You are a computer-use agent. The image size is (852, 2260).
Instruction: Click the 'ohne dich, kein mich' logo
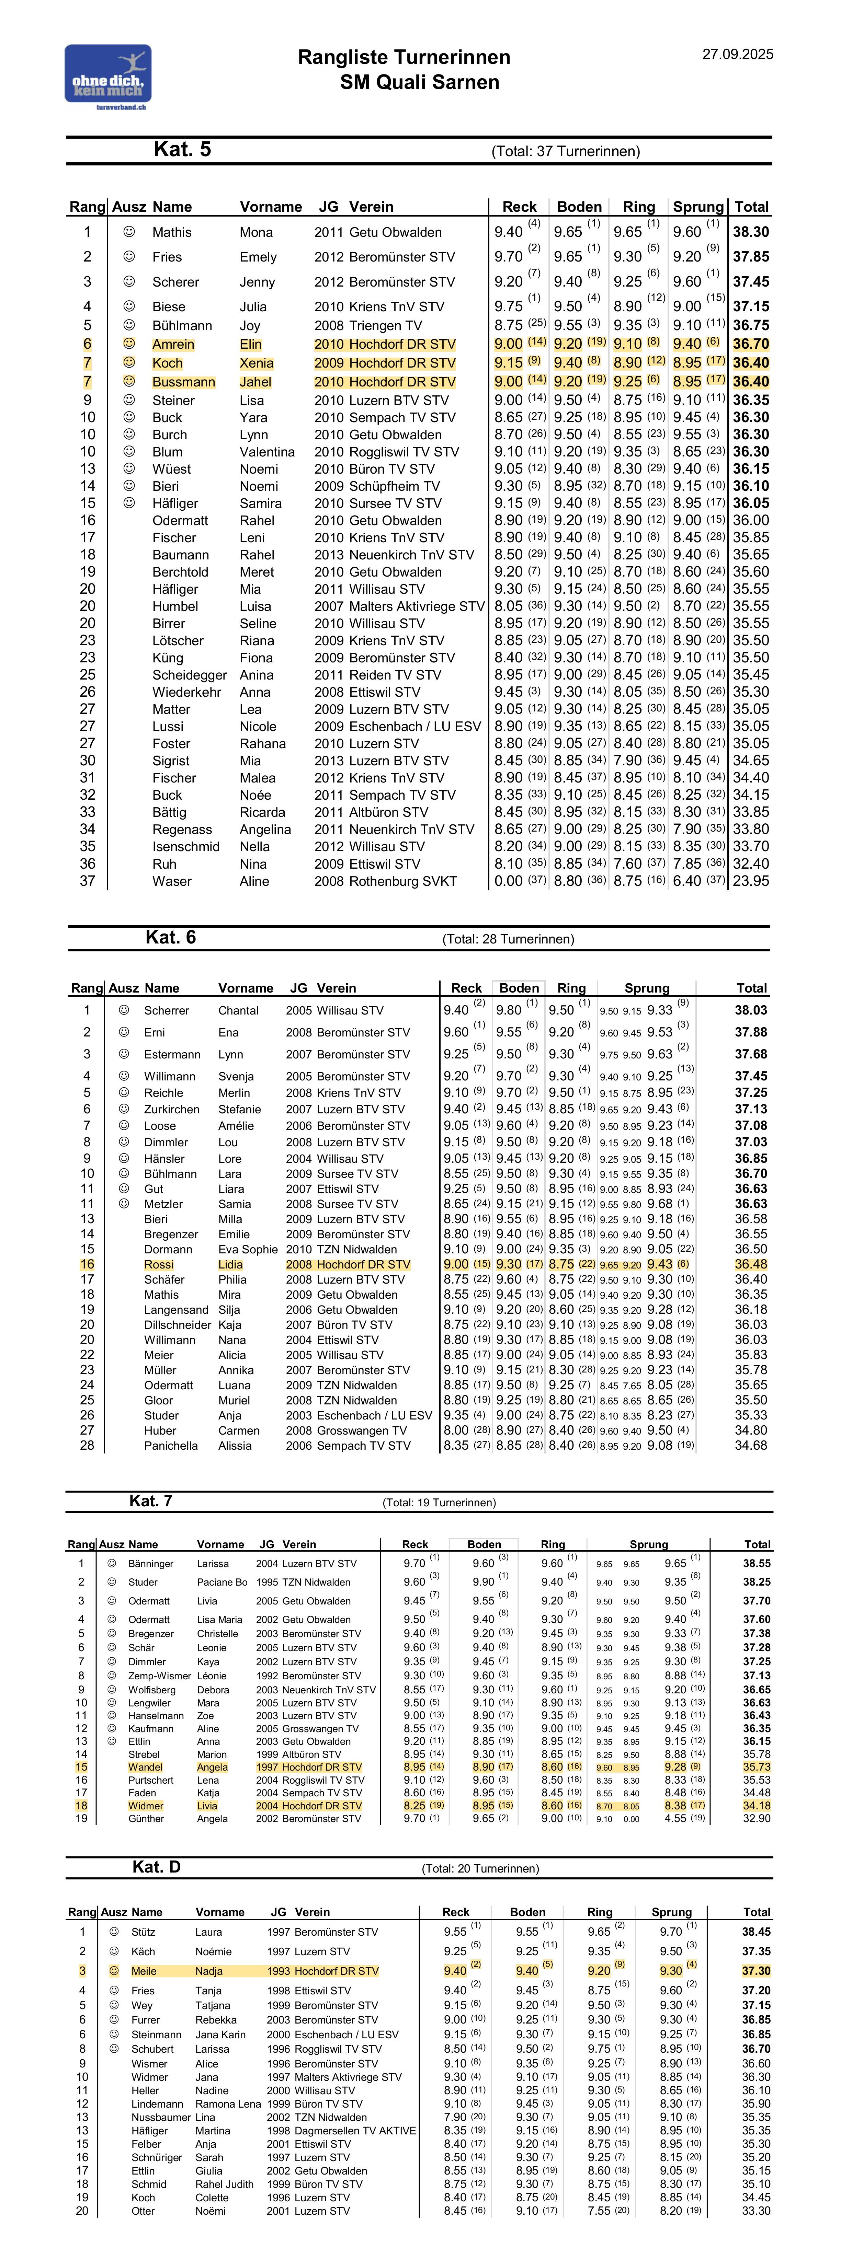tap(108, 77)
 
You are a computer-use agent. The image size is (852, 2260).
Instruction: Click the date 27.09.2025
tap(737, 54)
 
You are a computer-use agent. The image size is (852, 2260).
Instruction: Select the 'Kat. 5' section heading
tap(182, 149)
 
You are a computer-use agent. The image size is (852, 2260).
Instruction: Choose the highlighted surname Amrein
tap(173, 345)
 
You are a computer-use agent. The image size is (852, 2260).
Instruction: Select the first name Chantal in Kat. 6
tap(239, 1011)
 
